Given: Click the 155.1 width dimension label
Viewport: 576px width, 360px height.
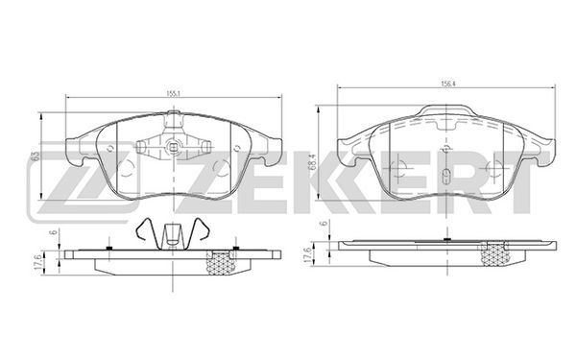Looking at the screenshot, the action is click(172, 93).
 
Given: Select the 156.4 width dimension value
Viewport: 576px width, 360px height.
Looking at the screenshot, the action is click(447, 84).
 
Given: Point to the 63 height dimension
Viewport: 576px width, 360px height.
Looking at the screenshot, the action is click(35, 156).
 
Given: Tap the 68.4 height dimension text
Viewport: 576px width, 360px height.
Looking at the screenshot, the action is click(313, 162).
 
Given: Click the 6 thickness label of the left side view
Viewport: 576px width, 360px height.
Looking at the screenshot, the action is click(55, 232).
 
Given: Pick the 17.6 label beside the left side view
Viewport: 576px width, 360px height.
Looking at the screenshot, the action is click(37, 263).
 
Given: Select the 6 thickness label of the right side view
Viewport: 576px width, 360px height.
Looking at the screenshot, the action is click(324, 224).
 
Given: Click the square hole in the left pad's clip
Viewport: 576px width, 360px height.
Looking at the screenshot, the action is click(172, 148).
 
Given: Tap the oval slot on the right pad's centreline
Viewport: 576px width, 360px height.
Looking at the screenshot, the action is click(446, 176).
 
